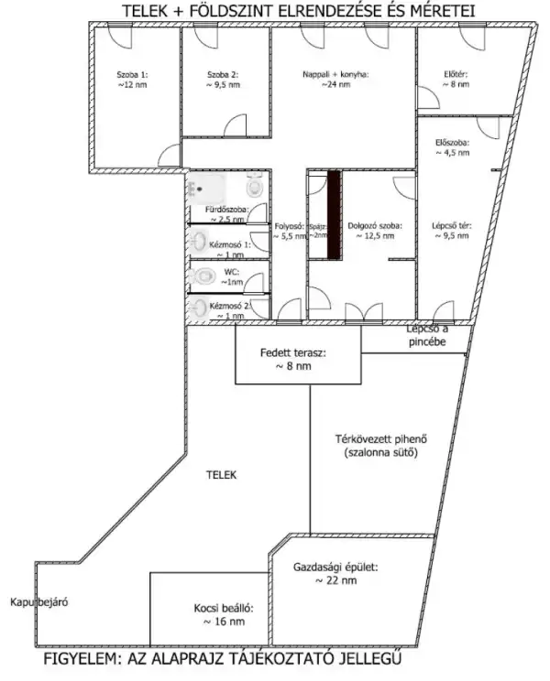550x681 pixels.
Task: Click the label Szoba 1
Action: (x=132, y=78)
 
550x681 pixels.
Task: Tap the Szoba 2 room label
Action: (x=222, y=78)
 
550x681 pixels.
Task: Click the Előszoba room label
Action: (x=452, y=147)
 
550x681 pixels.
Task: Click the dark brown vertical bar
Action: (x=335, y=213)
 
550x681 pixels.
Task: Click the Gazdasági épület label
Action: (x=335, y=573)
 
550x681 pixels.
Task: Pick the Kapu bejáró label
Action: (x=40, y=602)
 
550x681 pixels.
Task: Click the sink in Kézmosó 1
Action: (x=199, y=244)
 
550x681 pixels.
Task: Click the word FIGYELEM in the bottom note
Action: (x=86, y=660)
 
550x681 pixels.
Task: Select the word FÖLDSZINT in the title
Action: (x=219, y=10)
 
